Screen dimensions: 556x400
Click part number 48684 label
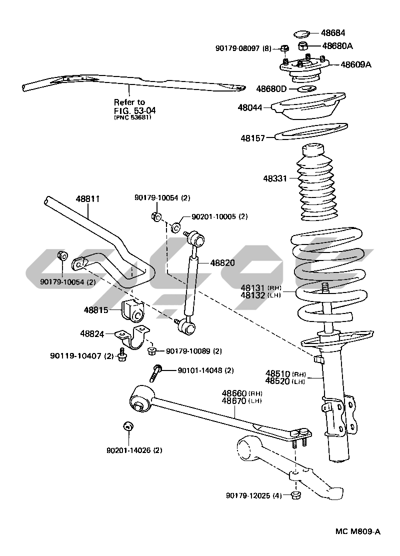[332, 33]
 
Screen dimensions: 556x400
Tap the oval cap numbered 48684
[301, 34]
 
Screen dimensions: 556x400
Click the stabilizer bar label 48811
[88, 198]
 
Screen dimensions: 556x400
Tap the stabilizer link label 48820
[222, 262]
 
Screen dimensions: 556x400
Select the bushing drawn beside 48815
[133, 310]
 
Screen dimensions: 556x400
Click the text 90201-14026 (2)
[134, 450]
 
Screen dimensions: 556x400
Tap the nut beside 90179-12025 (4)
[295, 495]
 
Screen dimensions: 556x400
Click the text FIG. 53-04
[128, 110]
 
